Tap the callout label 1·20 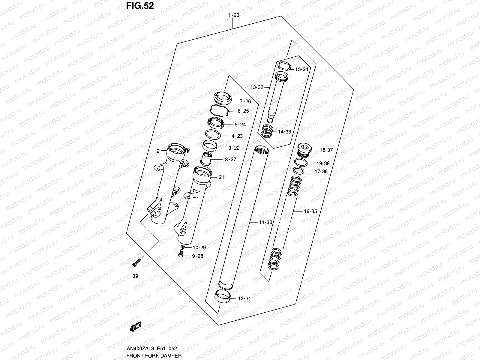(x=233, y=15)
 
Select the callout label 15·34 (x=301, y=70)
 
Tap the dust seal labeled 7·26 (x=223, y=98)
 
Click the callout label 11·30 (x=265, y=222)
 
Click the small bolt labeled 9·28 (x=181, y=254)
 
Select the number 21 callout (x=221, y=177)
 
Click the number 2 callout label (x=158, y=151)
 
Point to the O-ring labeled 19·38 (x=301, y=162)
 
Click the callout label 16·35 (x=310, y=211)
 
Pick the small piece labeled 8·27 (x=206, y=158)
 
